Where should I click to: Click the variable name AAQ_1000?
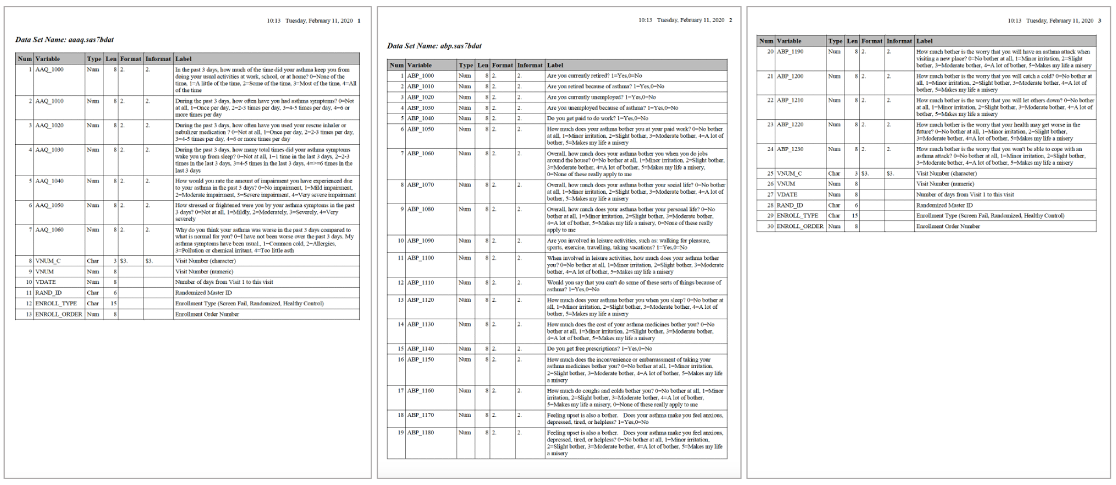[x=49, y=70]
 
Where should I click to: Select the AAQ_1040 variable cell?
[x=49, y=181]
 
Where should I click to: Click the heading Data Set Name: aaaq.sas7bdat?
[x=65, y=40]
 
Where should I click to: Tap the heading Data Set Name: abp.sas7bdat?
[x=434, y=46]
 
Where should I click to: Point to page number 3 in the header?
[x=1099, y=21]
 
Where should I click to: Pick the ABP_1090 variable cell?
[x=420, y=241]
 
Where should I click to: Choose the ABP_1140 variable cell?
[x=420, y=349]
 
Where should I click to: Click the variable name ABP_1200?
[x=790, y=76]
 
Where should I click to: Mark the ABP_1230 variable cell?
[x=790, y=149]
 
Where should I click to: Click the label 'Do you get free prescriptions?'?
[x=599, y=349]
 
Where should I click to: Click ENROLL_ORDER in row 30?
[x=800, y=227]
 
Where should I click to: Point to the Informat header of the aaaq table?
[x=158, y=59]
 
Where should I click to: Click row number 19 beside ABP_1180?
[x=400, y=433]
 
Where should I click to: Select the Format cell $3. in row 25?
[x=865, y=174]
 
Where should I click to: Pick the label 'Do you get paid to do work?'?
[x=598, y=119]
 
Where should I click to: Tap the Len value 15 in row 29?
[x=854, y=216]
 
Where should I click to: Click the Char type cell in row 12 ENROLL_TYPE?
[x=93, y=304]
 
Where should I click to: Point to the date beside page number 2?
[x=691, y=20]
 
